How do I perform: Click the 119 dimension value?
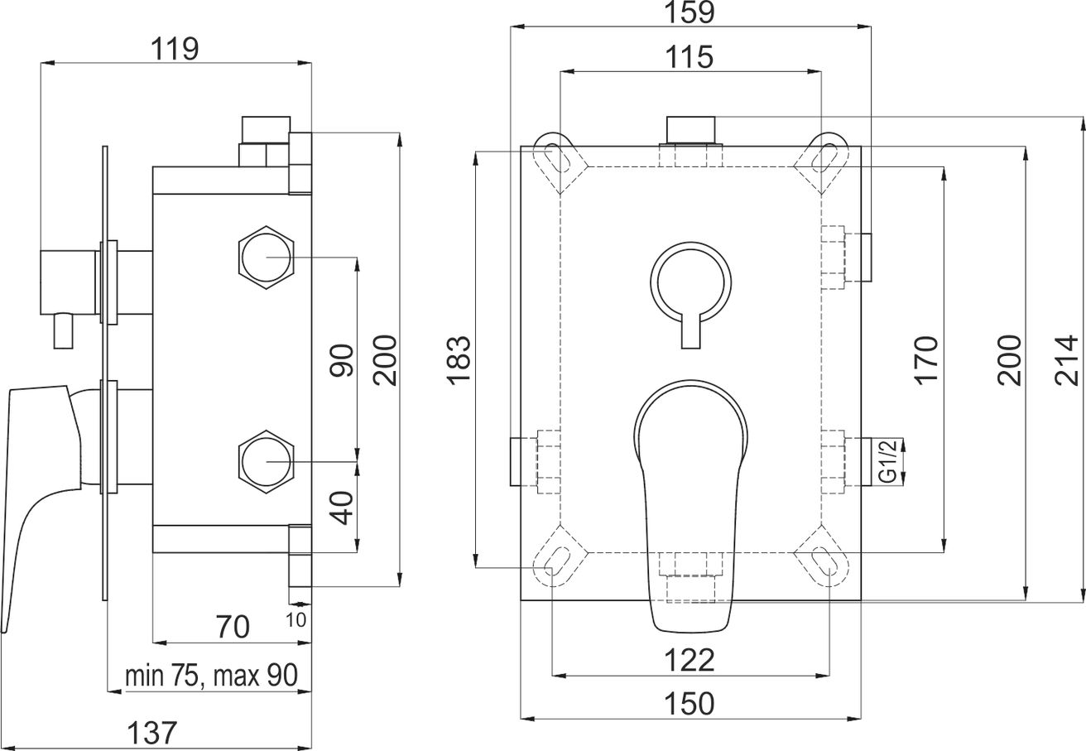pos(175,50)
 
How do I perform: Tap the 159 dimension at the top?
pos(690,12)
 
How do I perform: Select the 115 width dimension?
pos(689,57)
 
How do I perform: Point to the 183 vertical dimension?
pos(459,360)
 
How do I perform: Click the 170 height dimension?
pos(926,360)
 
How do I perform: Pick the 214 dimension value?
pos(1067,360)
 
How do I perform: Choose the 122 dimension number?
pos(689,661)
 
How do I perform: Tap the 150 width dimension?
pos(689,704)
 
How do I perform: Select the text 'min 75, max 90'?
pos(211,676)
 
